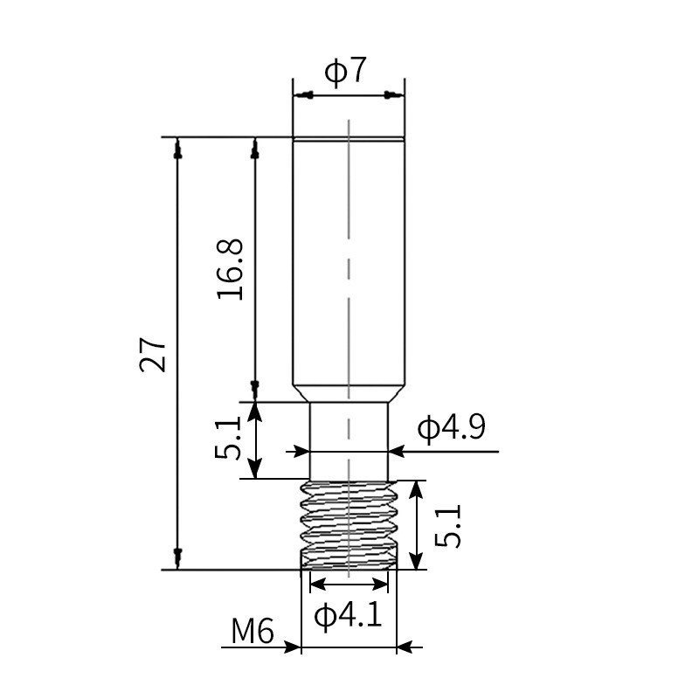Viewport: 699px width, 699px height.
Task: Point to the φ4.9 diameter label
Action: pos(451,429)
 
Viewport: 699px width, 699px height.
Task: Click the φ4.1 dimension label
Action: pos(348,617)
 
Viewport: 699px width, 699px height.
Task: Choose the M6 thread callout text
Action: pos(253,630)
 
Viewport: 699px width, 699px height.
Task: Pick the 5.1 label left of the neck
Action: pos(228,438)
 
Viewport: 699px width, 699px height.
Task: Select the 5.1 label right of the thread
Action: pos(447,524)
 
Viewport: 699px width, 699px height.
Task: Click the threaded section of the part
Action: pos(349,524)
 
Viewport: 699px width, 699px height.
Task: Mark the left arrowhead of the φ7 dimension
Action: pos(299,93)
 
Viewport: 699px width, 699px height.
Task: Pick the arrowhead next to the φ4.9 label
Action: pos(396,452)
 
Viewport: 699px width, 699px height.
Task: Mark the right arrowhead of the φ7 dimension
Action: pos(398,93)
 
